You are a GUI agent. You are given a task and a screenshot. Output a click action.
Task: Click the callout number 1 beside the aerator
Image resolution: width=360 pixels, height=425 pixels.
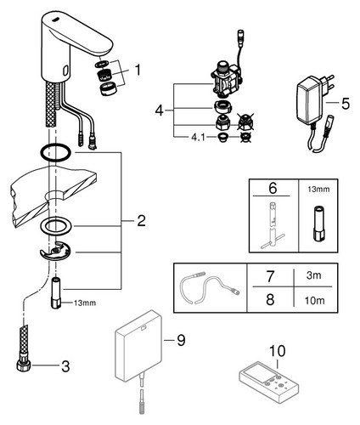pyautogui.click(x=138, y=70)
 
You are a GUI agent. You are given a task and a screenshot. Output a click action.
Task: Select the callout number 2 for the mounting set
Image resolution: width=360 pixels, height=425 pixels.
pyautogui.click(x=141, y=221)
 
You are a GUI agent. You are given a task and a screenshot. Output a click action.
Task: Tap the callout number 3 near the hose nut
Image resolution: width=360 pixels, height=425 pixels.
pyautogui.click(x=65, y=366)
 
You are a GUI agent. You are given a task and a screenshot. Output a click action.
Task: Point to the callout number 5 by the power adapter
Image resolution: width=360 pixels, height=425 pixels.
pyautogui.click(x=346, y=104)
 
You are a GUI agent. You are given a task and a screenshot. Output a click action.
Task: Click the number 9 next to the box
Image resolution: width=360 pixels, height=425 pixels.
pyautogui.click(x=181, y=340)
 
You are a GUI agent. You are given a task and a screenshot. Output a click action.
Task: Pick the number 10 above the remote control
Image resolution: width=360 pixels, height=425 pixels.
pyautogui.click(x=277, y=351)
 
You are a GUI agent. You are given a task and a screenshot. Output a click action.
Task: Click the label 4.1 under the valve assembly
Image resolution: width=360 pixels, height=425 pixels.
pyautogui.click(x=198, y=138)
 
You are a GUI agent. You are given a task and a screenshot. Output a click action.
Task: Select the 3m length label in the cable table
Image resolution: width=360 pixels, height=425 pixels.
pyautogui.click(x=314, y=275)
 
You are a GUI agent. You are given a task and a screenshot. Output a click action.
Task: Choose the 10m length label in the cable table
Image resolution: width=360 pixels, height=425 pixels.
pyautogui.click(x=314, y=300)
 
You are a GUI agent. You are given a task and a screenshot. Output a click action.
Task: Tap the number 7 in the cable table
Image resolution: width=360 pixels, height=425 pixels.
pyautogui.click(x=270, y=276)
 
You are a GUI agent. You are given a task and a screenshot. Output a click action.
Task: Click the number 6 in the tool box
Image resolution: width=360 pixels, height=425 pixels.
pyautogui.click(x=273, y=188)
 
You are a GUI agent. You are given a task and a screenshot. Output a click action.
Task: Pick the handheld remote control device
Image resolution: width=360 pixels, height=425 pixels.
pyautogui.click(x=268, y=382)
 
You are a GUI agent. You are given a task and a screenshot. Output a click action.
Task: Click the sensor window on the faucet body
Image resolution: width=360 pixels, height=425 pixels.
pyautogui.click(x=65, y=71)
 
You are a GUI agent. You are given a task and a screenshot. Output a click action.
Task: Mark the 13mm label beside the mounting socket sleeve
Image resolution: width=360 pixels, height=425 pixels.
pyautogui.click(x=85, y=303)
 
